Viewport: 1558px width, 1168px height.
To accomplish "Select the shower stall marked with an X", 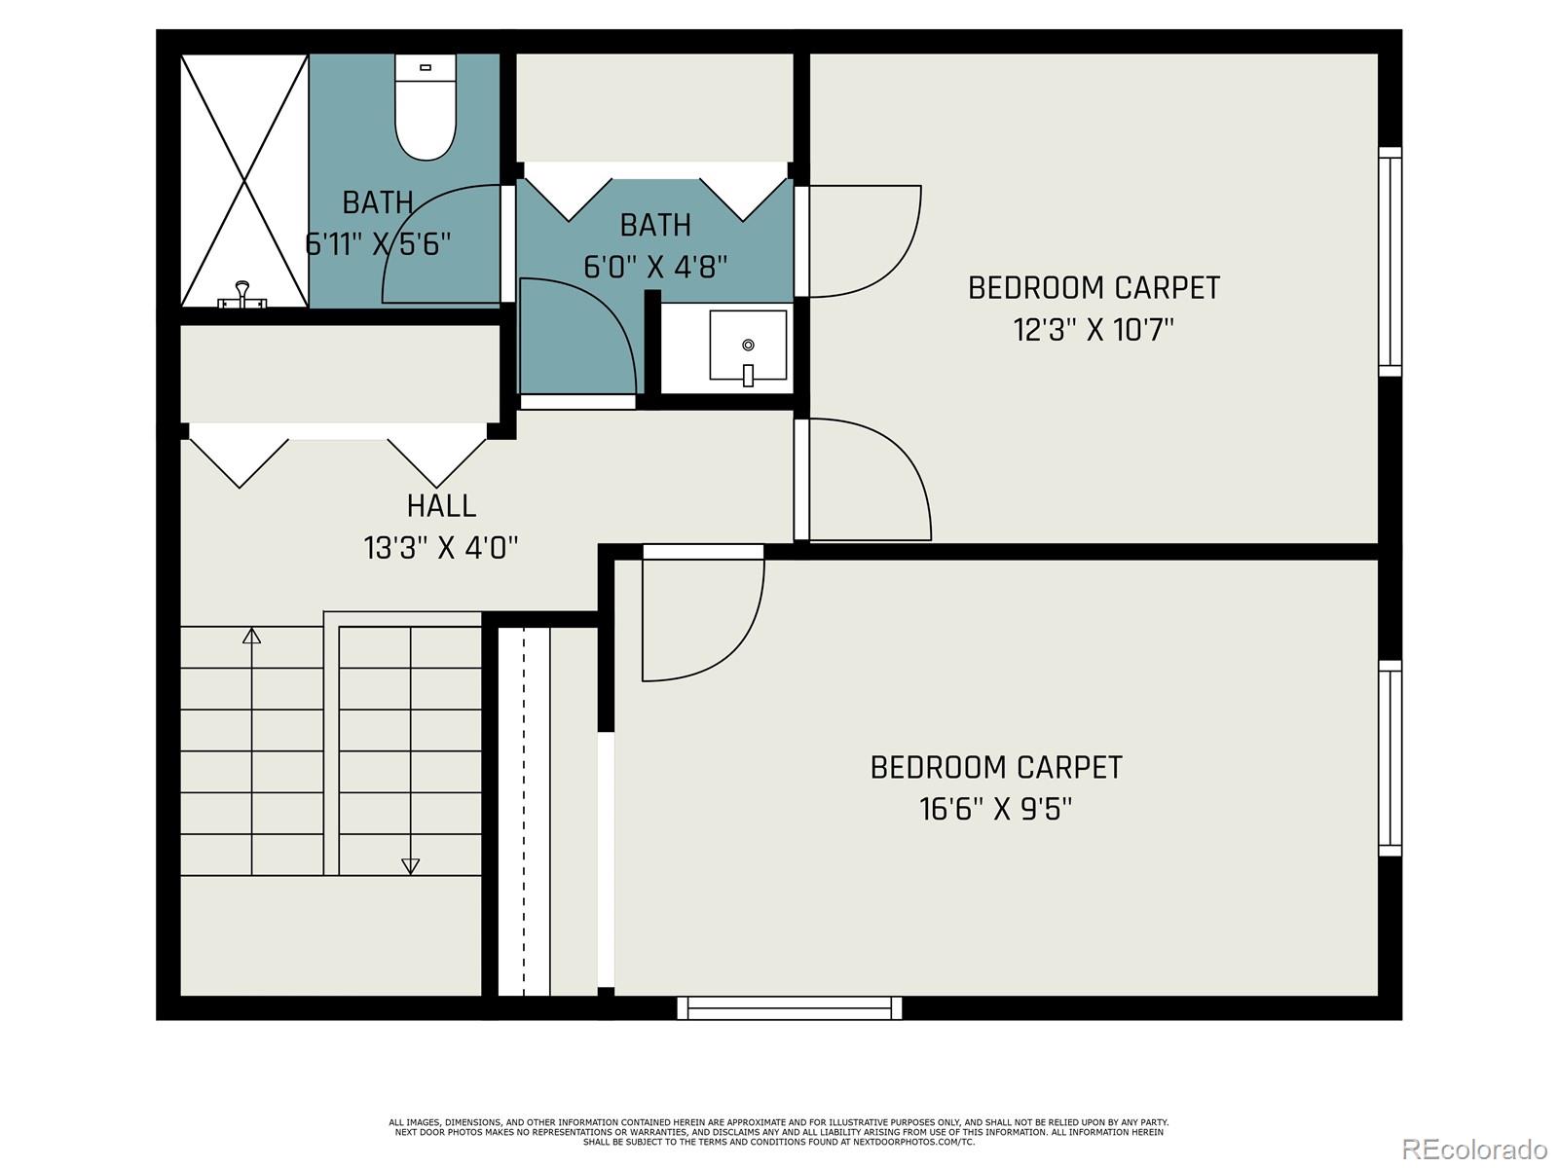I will pyautogui.click(x=243, y=180).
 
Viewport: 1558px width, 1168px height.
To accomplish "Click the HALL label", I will pyautogui.click(x=441, y=506).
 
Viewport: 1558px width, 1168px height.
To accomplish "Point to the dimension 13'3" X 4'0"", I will pyautogui.click(x=441, y=548).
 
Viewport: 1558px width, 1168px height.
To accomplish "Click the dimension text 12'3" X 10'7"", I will pyautogui.click(x=1094, y=330).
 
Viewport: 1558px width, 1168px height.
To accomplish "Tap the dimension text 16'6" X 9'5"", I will pyautogui.click(x=995, y=810).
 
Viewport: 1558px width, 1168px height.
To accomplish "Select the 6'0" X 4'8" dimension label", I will pyautogui.click(x=655, y=267).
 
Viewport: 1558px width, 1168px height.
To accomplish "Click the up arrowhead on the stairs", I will pyautogui.click(x=252, y=637).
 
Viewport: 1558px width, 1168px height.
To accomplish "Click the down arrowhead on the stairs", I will pyautogui.click(x=410, y=865).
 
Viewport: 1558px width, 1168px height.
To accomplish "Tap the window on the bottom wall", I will pyautogui.click(x=789, y=1008).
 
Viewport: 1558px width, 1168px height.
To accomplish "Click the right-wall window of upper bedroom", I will pyautogui.click(x=1391, y=261).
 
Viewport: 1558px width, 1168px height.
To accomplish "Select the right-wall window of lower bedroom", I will pyautogui.click(x=1391, y=759).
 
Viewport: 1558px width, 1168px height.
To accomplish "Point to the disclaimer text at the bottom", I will pyautogui.click(x=778, y=1132).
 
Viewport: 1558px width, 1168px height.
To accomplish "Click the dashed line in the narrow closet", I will pyautogui.click(x=524, y=808).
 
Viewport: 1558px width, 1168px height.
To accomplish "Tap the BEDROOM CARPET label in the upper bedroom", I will pyautogui.click(x=1094, y=288).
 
